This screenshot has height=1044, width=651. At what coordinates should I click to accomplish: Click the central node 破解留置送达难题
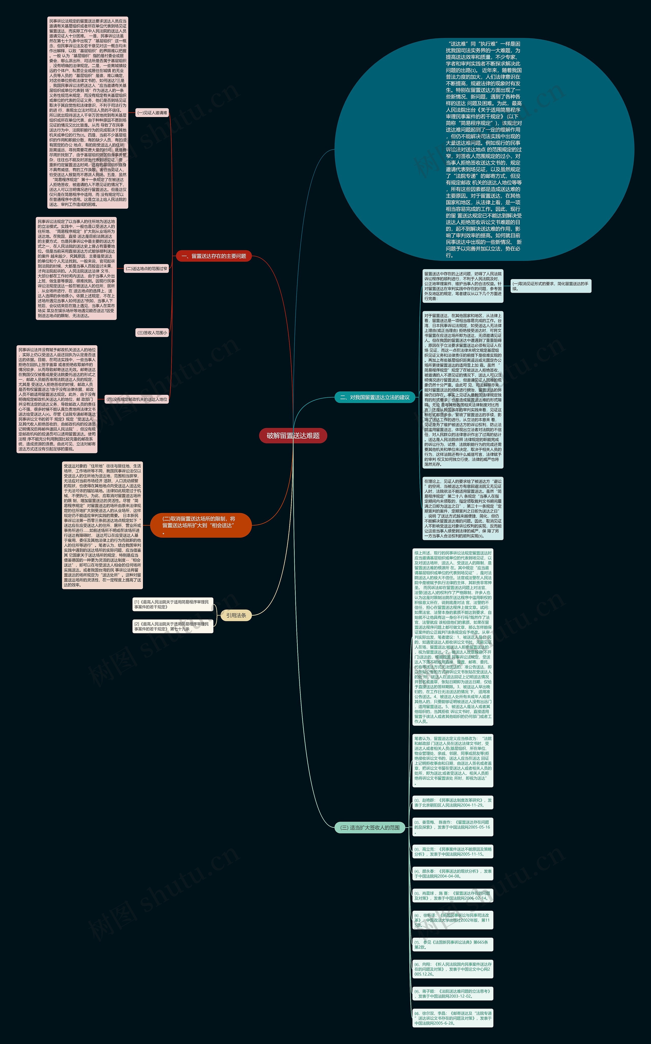(293, 436)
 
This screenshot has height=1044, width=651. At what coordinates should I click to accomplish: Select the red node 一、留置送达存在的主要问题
(214, 256)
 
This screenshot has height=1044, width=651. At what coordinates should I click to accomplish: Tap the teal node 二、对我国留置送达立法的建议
(375, 397)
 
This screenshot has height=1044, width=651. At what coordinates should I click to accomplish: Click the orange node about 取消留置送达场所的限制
(201, 525)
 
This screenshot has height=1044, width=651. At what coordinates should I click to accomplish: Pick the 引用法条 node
(236, 615)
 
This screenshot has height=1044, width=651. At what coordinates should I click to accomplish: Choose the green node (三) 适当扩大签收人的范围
(370, 827)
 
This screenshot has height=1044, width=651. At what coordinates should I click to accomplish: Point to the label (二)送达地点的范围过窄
(146, 269)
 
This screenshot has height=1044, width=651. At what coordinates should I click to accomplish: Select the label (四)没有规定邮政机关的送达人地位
(137, 399)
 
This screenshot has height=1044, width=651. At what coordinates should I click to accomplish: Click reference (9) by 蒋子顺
(452, 994)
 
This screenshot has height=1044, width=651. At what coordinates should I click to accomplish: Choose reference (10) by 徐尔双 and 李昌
(452, 1018)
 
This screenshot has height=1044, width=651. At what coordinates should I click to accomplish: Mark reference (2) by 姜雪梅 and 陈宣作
(452, 827)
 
